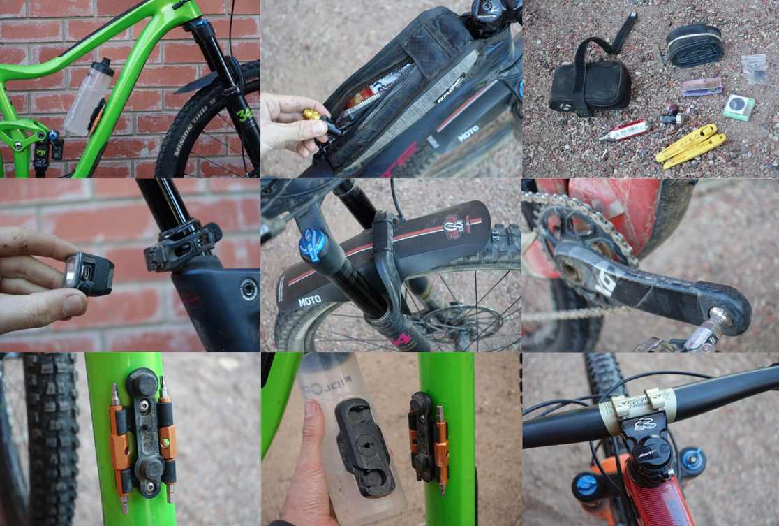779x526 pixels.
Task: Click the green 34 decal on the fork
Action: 244,115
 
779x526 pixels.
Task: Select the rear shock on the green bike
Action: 42,149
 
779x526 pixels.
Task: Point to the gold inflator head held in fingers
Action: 313,115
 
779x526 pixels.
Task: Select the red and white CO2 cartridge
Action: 624,130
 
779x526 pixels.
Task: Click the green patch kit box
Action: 738,108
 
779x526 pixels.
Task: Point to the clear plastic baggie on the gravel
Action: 754,68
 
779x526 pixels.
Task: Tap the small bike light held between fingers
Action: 89,271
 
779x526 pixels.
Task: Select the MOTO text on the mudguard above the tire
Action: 309,301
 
